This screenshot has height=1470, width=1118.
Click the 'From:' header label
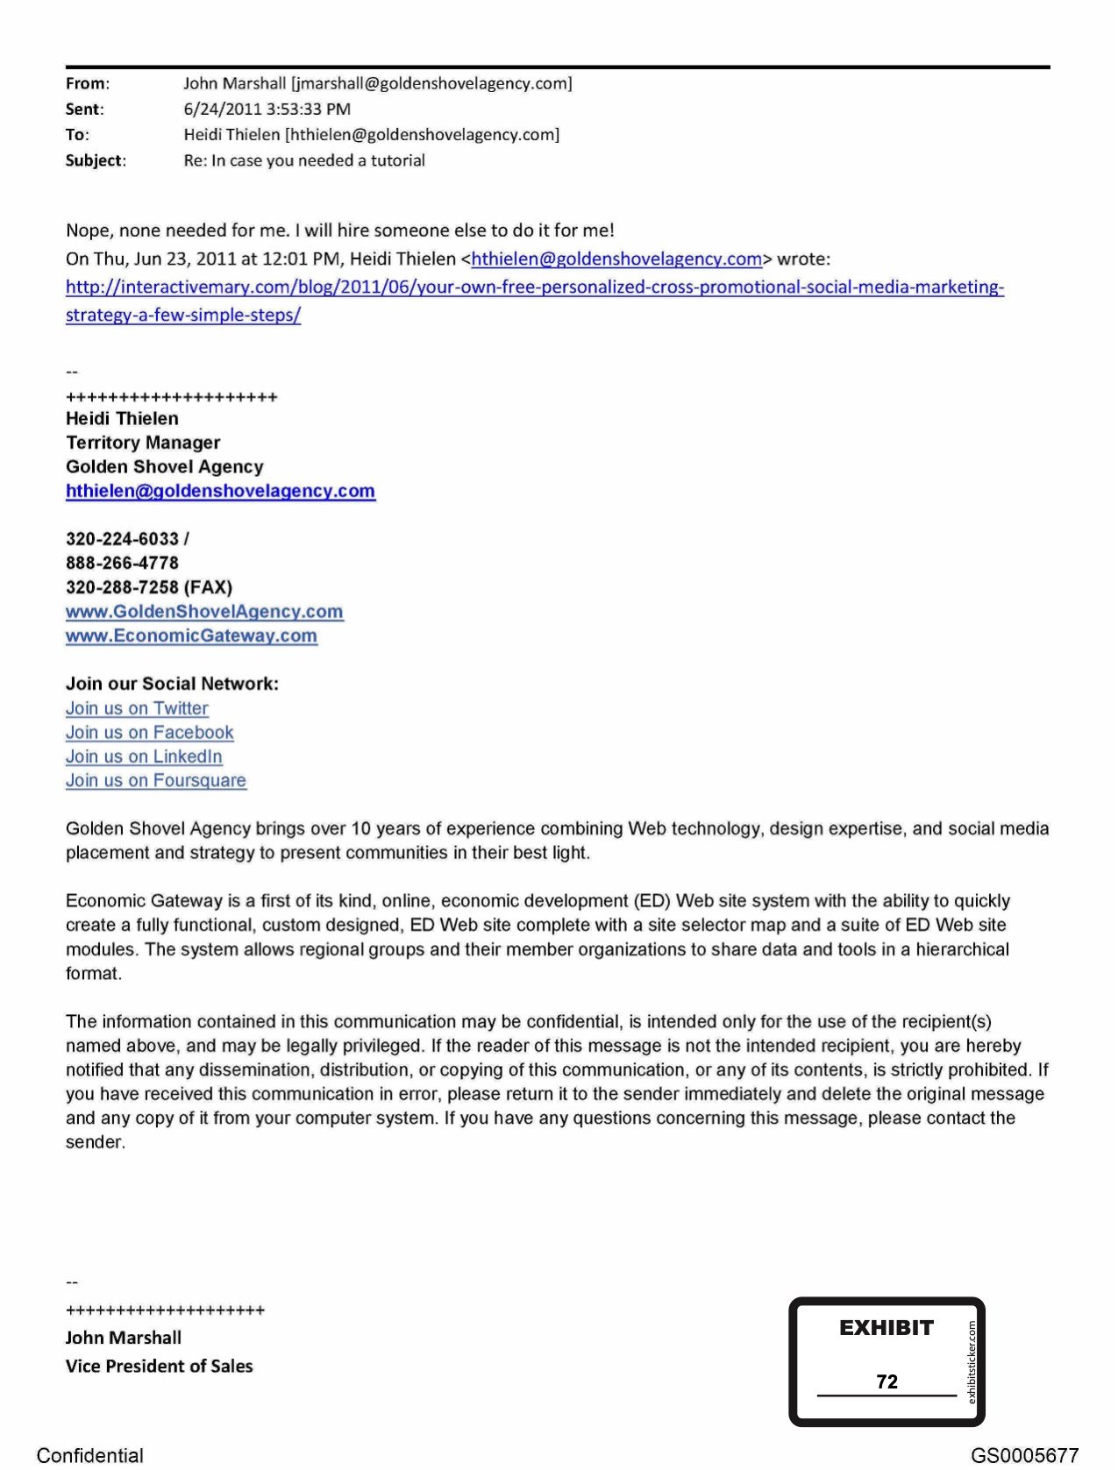(87, 83)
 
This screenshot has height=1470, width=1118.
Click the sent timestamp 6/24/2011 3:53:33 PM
(267, 109)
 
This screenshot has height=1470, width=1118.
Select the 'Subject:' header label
(96, 160)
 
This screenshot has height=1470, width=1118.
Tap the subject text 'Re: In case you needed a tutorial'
(304, 160)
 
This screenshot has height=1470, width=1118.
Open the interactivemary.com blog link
(534, 288)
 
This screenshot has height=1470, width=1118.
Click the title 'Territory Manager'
(143, 443)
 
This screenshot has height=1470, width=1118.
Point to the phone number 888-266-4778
(122, 563)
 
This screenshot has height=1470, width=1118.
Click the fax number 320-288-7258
(122, 587)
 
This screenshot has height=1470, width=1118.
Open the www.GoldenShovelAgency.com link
(204, 612)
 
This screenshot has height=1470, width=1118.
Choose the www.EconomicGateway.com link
(191, 636)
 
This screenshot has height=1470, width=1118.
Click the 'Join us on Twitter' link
(137, 708)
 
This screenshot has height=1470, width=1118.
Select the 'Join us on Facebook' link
(149, 732)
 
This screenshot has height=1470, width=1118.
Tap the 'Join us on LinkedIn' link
(144, 756)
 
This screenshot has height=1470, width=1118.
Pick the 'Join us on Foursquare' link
(155, 780)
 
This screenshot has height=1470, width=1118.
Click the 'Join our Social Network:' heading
(172, 684)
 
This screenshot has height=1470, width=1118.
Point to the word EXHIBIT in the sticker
(886, 1327)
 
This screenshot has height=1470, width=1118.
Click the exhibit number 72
(887, 1381)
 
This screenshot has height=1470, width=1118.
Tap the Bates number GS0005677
(1024, 1455)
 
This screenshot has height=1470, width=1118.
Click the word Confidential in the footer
(89, 1455)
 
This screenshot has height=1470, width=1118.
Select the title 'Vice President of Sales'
(159, 1366)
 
